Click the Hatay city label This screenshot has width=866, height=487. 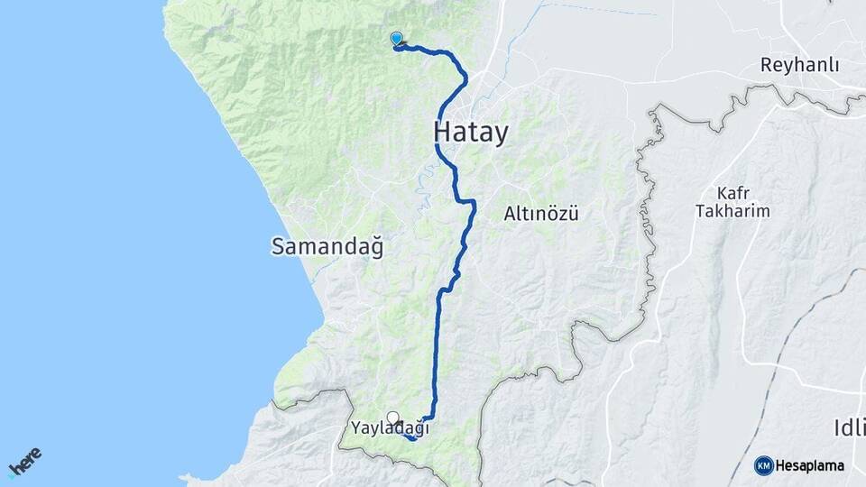[471, 132]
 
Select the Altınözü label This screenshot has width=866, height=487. [540, 214]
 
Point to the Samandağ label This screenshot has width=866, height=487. [327, 246]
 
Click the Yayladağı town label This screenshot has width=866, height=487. [390, 429]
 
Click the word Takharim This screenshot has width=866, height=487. [732, 211]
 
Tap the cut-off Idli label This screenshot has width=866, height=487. [849, 427]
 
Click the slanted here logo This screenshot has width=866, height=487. [25, 462]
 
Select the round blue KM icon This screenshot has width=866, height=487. [763, 465]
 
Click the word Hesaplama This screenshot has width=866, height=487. [810, 466]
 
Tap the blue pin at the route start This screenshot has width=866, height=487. [396, 38]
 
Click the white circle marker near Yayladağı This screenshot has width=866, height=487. [392, 417]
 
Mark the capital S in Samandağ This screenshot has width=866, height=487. [278, 246]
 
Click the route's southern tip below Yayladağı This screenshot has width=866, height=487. [412, 438]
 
